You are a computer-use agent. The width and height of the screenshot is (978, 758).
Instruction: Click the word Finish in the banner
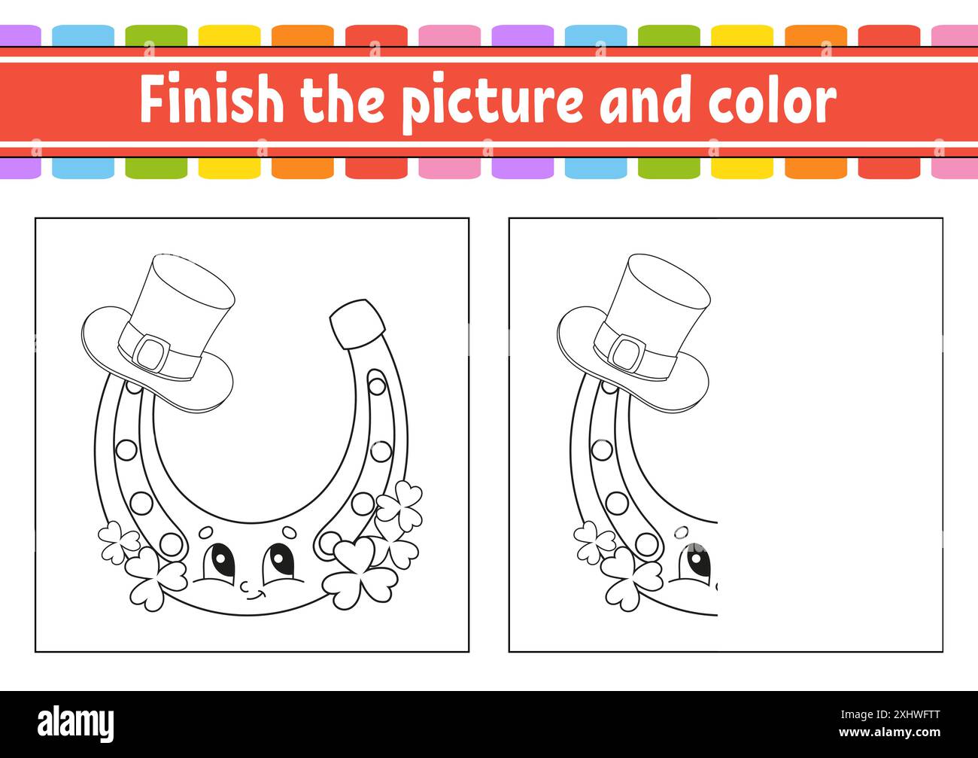click(x=211, y=99)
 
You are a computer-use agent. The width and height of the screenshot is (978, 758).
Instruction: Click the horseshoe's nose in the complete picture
click(x=246, y=586)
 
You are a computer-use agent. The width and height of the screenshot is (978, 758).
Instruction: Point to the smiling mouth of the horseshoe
click(x=257, y=596)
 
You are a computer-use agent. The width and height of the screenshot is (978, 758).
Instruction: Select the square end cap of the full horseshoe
click(x=357, y=324)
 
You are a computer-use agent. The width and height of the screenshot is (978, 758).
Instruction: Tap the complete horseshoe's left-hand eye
click(x=219, y=562)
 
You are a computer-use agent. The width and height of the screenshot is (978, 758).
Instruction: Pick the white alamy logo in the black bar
click(x=75, y=725)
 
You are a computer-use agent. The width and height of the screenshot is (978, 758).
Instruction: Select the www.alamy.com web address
click(x=889, y=732)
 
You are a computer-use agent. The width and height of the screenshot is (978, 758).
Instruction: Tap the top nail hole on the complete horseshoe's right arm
click(x=377, y=386)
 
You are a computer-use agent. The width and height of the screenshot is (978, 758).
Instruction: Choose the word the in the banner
click(x=342, y=99)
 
